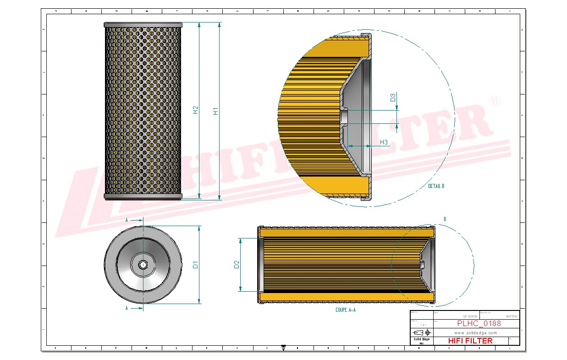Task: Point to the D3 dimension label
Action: (x=393, y=97)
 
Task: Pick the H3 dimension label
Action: (x=384, y=143)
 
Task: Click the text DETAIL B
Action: (x=436, y=186)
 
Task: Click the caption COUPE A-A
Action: (x=346, y=310)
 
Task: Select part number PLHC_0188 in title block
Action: (x=479, y=323)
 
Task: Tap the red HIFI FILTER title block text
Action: (x=470, y=341)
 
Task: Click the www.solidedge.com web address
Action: (x=475, y=332)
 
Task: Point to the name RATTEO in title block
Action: (x=511, y=316)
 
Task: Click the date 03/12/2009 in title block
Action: (x=471, y=316)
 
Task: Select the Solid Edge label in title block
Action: (x=421, y=339)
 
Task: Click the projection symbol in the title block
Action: (x=422, y=332)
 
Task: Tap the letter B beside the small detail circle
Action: (x=445, y=219)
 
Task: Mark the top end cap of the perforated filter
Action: (x=143, y=24)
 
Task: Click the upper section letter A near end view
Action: (x=127, y=221)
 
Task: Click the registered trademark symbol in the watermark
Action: (x=495, y=102)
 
